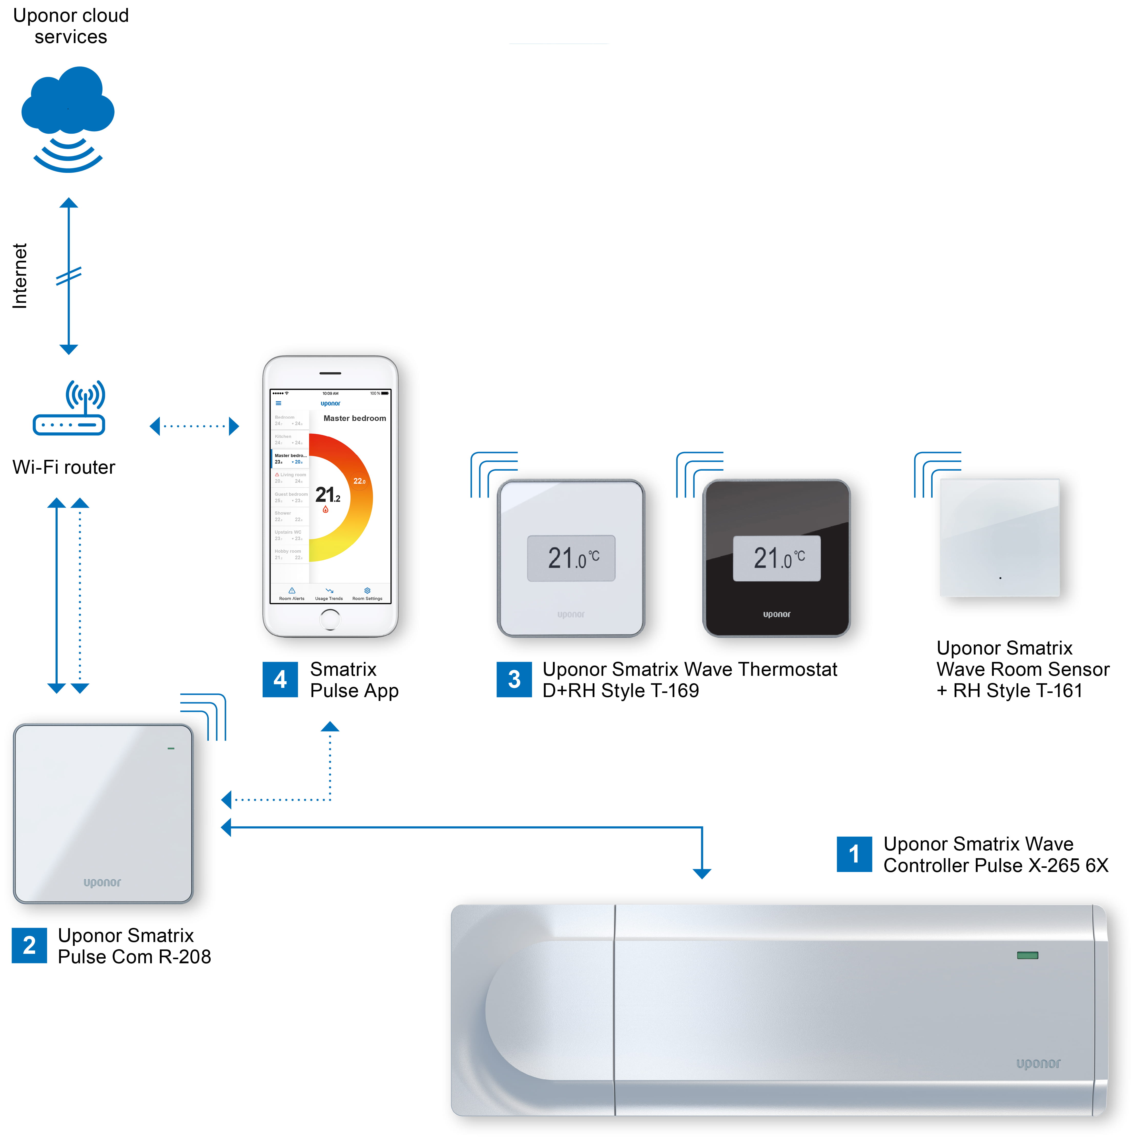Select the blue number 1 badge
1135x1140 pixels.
point(854,854)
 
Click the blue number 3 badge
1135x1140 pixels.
point(513,679)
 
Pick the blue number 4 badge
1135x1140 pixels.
point(280,679)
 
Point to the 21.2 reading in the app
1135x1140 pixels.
point(327,494)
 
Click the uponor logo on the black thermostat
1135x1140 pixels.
point(777,614)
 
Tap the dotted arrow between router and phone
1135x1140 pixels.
point(194,426)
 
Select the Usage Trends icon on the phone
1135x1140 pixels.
point(329,591)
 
